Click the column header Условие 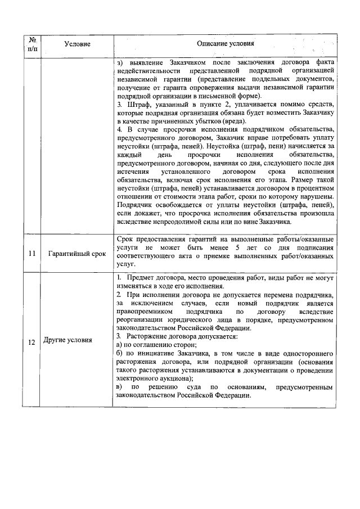point(77,44)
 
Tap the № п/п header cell point(32,44)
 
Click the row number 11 point(32,254)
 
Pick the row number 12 point(32,340)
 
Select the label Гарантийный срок point(77,254)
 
